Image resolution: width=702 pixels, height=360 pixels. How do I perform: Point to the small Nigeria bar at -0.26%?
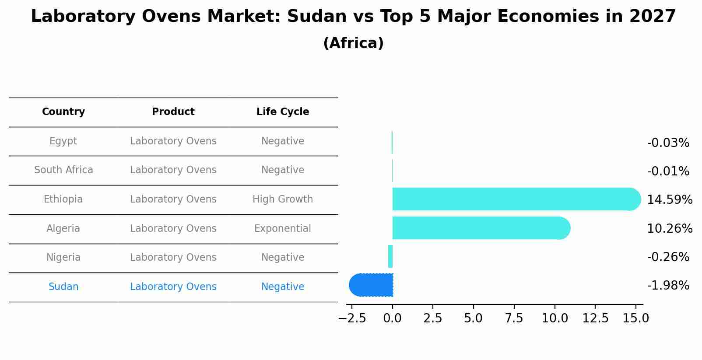click(390, 256)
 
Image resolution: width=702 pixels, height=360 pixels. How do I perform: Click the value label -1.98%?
click(668, 286)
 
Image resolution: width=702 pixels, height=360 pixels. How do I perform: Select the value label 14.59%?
click(669, 200)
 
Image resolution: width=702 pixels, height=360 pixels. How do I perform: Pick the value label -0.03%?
click(668, 143)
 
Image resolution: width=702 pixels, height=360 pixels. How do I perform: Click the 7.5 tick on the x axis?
click(514, 318)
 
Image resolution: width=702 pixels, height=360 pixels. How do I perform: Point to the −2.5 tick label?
click(352, 318)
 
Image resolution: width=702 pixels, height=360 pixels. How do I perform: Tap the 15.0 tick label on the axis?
click(635, 318)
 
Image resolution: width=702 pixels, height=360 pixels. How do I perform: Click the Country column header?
click(63, 112)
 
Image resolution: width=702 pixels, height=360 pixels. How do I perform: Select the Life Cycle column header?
click(283, 112)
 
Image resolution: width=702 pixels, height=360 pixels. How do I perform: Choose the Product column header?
click(173, 112)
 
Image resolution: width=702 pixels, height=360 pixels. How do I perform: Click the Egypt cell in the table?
click(63, 141)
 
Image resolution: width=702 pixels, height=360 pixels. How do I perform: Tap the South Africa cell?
click(63, 170)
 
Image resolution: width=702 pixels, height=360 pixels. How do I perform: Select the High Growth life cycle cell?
click(283, 199)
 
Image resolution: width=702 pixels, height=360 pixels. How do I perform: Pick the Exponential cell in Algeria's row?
click(283, 229)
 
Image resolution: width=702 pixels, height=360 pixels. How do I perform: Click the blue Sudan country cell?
click(63, 287)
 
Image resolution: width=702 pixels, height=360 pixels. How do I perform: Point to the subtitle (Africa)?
click(353, 43)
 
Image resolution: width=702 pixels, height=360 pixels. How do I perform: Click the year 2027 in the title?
click(653, 17)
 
